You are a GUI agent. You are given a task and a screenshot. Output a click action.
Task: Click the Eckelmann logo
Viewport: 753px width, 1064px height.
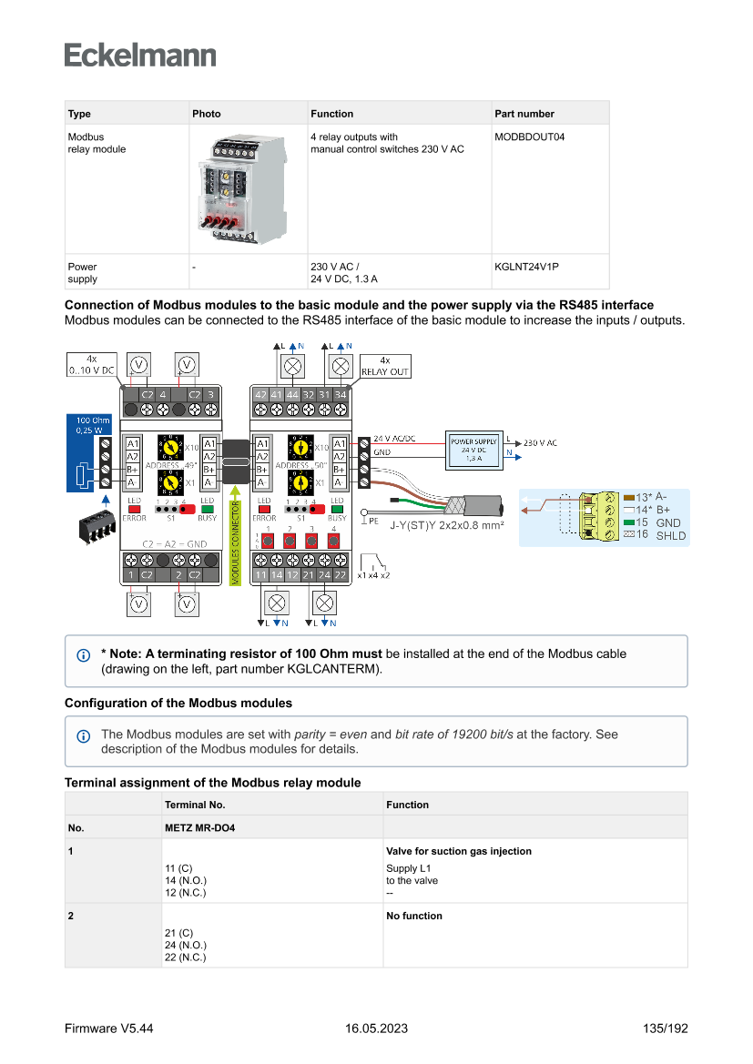tap(140, 55)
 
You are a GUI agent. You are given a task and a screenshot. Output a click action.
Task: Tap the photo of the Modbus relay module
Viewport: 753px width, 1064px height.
tap(235, 189)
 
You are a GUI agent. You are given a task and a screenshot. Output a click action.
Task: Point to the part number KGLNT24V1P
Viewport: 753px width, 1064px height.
tap(526, 268)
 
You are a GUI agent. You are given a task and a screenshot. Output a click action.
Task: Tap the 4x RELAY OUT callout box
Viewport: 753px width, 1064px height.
tap(385, 366)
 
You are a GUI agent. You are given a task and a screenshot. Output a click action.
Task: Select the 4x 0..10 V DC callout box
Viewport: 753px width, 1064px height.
tap(91, 365)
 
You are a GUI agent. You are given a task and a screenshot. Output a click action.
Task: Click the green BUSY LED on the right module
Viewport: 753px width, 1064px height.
tap(337, 511)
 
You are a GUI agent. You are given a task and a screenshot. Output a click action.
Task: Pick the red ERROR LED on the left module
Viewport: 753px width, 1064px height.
tap(134, 511)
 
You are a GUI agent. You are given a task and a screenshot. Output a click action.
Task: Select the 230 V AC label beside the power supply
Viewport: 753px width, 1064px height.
tap(539, 443)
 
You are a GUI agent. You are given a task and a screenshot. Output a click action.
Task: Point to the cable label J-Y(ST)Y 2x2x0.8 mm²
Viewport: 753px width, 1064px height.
tap(447, 525)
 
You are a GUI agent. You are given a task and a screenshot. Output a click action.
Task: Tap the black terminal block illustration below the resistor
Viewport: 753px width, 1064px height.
tap(95, 525)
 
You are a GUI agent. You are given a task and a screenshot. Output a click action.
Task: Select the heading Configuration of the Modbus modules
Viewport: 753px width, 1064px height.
tap(178, 703)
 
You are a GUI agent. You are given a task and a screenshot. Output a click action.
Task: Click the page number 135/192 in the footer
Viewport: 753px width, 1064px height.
tap(665, 1029)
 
